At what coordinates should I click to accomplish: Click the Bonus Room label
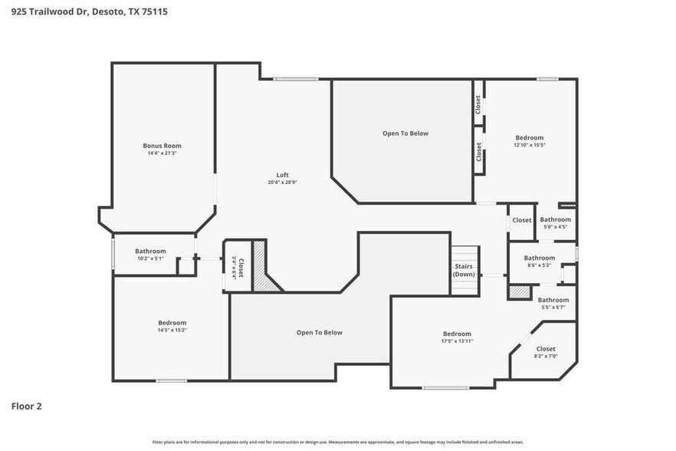162,145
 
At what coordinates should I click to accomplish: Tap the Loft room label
282,174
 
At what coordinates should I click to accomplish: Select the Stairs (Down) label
464,270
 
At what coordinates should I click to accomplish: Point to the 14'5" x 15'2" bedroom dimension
172,331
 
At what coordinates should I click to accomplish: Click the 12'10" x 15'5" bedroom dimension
529,145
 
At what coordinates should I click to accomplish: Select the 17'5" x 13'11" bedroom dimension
457,341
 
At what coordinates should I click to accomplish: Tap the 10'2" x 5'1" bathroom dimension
150,258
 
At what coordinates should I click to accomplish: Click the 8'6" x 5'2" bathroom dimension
540,265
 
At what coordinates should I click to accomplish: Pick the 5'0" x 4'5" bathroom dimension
555,227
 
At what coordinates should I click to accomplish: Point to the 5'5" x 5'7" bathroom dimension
553,308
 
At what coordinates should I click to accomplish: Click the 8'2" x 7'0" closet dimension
546,357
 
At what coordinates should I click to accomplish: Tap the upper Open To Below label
405,133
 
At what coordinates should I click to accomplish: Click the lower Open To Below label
319,333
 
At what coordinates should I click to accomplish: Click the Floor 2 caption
26,406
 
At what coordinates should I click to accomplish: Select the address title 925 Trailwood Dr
89,12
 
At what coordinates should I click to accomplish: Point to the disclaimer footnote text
337,442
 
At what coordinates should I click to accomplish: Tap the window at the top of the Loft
296,78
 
